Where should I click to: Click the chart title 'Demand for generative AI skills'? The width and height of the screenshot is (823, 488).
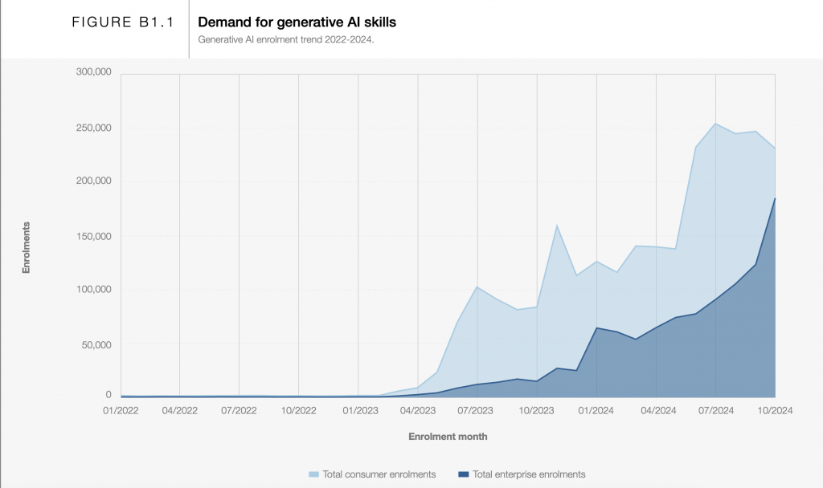297,22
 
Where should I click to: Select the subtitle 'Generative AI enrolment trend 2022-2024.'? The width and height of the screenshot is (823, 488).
286,39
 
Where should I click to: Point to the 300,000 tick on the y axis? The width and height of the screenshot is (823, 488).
93,72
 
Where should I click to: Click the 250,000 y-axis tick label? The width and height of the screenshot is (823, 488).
93,128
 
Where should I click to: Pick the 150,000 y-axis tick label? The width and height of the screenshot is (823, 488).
93,237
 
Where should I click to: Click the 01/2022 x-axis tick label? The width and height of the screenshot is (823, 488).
120,409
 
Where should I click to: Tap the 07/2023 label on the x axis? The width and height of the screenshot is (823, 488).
477,409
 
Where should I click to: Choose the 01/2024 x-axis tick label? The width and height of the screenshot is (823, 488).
596,409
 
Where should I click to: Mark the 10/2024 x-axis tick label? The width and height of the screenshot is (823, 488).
775,409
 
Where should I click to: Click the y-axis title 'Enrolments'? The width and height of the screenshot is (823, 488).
26,248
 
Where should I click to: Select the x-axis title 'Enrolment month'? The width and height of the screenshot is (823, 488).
448,437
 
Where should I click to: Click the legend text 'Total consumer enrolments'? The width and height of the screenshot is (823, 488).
379,474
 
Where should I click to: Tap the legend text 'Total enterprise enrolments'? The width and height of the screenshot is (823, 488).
528,474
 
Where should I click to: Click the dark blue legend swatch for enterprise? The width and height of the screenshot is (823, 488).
463,474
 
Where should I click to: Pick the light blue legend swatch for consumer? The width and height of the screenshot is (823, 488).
313,474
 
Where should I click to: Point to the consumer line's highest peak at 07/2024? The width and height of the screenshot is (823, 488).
715,123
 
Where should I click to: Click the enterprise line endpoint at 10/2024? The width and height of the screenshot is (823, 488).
775,198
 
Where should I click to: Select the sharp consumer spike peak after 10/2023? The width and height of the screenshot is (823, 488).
557,225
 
